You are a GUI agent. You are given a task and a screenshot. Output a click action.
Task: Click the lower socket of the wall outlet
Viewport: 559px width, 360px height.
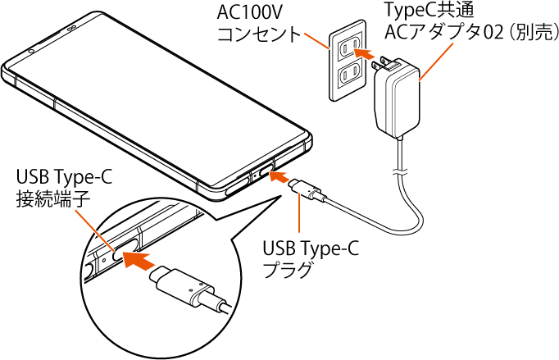point(351,73)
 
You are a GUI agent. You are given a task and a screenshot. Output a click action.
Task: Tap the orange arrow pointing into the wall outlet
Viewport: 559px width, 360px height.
point(354,52)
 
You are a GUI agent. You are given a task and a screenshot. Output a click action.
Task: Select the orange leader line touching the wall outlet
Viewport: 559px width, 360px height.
point(316,41)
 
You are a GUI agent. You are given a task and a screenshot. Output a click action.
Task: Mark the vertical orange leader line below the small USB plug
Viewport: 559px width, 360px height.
point(299,216)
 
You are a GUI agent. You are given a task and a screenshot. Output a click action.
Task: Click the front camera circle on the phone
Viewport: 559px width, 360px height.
point(31,50)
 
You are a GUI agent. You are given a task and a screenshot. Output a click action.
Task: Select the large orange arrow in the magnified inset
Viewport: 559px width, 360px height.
point(139,262)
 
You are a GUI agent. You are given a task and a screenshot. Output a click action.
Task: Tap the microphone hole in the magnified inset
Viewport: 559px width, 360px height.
point(105,257)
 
